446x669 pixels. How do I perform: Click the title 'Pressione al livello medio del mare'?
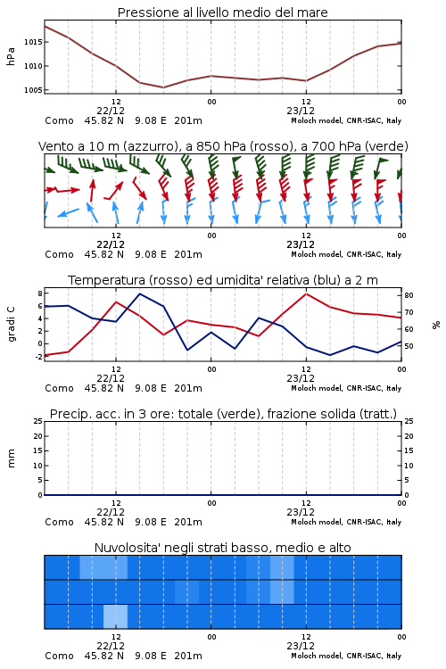(x=222, y=12)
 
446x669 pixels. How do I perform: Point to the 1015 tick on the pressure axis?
(x=33, y=42)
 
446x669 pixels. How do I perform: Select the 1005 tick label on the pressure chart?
(x=33, y=90)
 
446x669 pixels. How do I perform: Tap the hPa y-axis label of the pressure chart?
(x=11, y=56)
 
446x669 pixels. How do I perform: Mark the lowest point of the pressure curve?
(x=163, y=87)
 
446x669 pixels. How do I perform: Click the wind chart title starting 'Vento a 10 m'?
(x=223, y=146)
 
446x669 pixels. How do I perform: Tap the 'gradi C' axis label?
(x=12, y=325)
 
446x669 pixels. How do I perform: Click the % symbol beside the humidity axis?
(x=436, y=325)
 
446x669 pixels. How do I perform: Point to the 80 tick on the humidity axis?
(x=409, y=295)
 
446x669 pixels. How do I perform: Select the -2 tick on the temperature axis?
(x=39, y=357)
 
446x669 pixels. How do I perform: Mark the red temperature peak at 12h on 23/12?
(x=306, y=293)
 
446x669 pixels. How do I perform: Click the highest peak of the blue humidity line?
(x=140, y=293)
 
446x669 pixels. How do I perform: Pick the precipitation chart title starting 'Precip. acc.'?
(x=223, y=414)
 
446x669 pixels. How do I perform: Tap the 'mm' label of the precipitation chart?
(x=11, y=458)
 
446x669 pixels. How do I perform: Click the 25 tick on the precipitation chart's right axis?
(x=409, y=421)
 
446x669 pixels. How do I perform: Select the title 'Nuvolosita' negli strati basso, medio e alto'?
(x=222, y=548)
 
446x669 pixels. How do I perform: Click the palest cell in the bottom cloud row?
(x=115, y=616)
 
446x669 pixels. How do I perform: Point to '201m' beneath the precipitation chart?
(x=188, y=522)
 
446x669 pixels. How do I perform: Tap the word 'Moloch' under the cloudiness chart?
(x=302, y=656)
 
